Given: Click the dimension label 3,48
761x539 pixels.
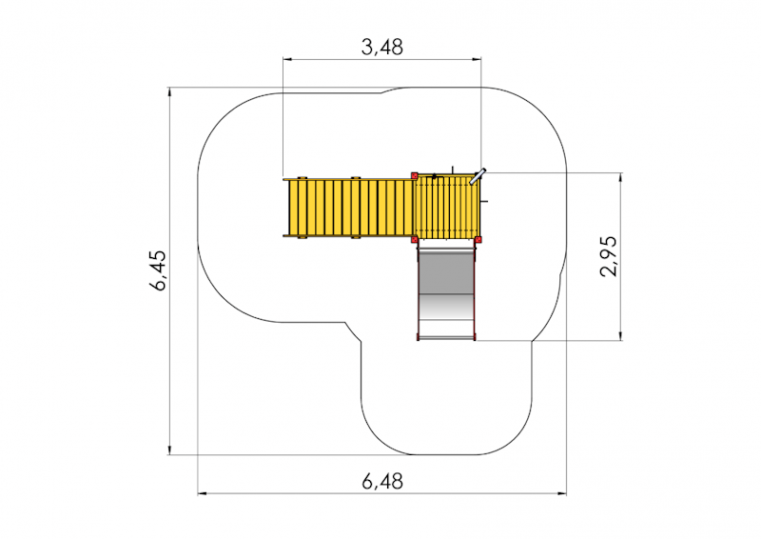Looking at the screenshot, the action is tap(382, 48).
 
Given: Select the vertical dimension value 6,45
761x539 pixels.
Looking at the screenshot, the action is tap(158, 270).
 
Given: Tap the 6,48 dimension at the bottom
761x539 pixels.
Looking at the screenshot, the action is tap(382, 481).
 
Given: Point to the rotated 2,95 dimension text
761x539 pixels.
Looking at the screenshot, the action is tap(609, 256).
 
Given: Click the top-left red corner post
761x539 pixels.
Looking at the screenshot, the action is tap(415, 176).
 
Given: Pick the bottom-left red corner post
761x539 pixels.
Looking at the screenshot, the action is tap(415, 239).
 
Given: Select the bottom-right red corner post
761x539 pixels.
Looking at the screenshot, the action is tap(478, 239).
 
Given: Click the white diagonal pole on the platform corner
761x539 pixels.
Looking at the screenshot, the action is tap(478, 176).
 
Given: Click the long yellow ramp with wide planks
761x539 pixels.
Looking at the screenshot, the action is tap(348, 208).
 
